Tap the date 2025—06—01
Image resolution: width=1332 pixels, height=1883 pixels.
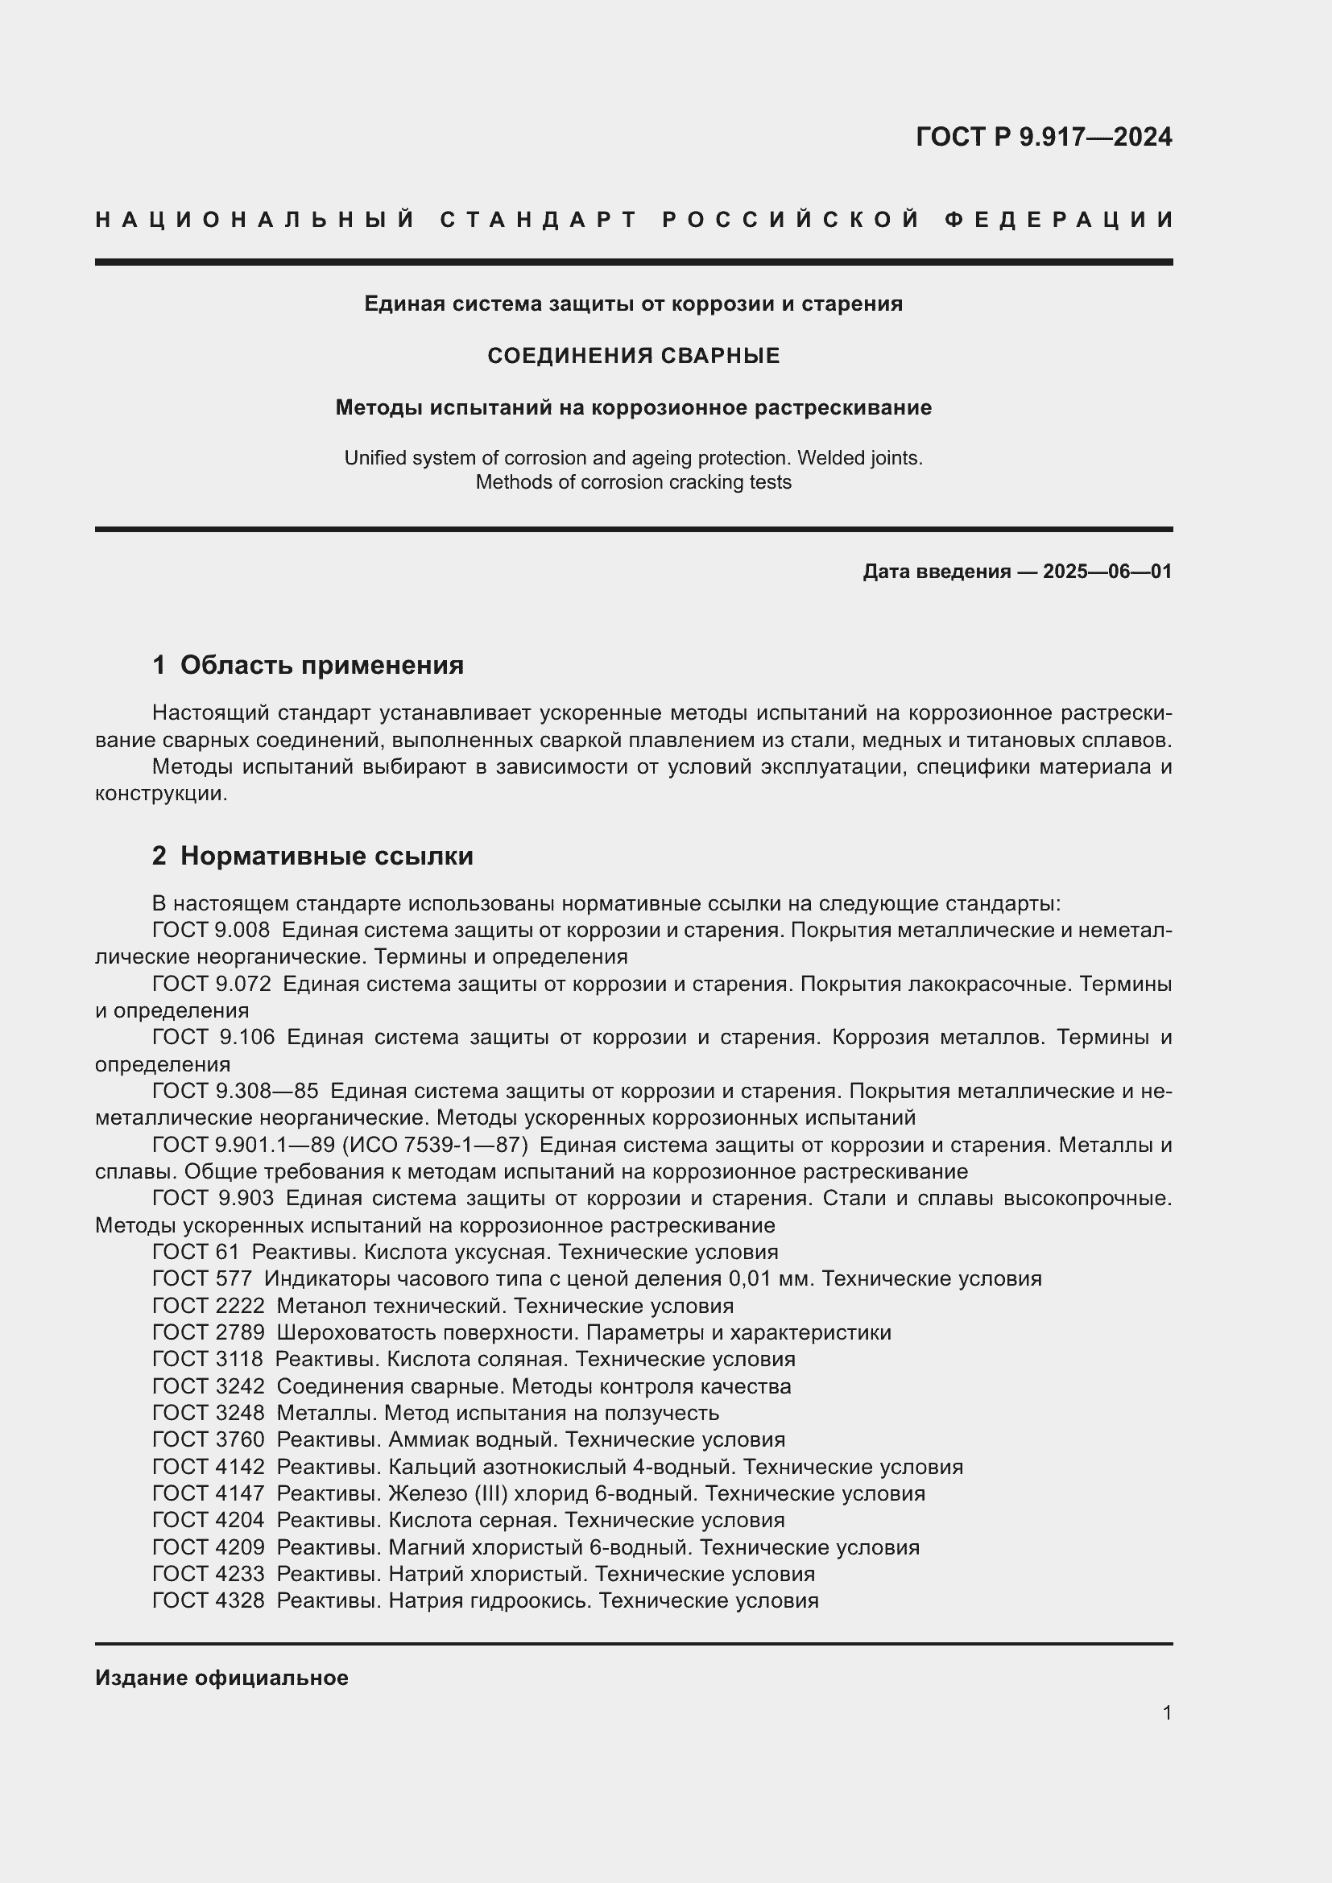[1107, 572]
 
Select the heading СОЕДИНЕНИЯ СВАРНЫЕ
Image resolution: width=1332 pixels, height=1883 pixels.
[633, 356]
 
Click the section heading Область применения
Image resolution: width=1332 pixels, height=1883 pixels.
[321, 665]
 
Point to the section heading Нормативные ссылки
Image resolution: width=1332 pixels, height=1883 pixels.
[326, 857]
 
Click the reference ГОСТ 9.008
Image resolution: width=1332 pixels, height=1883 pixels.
[211, 930]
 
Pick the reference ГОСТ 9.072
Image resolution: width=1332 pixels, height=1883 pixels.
[211, 983]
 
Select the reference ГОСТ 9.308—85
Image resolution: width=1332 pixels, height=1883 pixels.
[235, 1091]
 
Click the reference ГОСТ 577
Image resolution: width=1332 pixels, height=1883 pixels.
[202, 1278]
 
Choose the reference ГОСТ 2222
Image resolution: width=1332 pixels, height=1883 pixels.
[209, 1306]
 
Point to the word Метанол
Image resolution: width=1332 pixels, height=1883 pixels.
[316, 1306]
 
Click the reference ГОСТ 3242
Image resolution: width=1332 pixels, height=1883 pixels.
[209, 1387]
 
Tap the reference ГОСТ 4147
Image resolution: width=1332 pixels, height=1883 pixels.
[209, 1493]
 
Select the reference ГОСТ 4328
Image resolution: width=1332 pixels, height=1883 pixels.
[209, 1601]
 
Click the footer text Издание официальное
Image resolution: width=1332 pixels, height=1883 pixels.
[221, 1678]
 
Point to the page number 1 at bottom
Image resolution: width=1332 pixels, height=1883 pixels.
[1167, 1712]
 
